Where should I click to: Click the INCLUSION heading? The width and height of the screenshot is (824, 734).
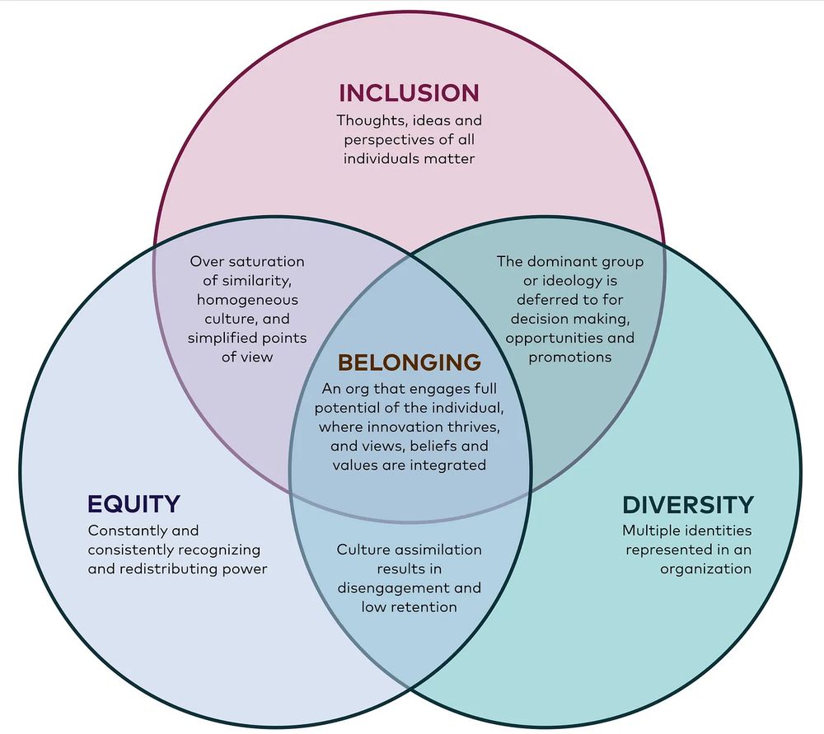pos(409,93)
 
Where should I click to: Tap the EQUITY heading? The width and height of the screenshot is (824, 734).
pos(134,504)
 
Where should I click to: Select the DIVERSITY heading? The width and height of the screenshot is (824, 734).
pos(688,505)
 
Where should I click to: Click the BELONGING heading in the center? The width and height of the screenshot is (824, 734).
pos(409,362)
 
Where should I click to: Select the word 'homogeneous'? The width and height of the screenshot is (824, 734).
pos(247,300)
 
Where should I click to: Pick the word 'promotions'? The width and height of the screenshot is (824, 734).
pos(570,358)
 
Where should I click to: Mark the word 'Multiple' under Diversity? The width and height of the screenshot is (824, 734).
pos(648,531)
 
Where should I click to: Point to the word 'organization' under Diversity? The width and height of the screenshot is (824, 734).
pos(706,569)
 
